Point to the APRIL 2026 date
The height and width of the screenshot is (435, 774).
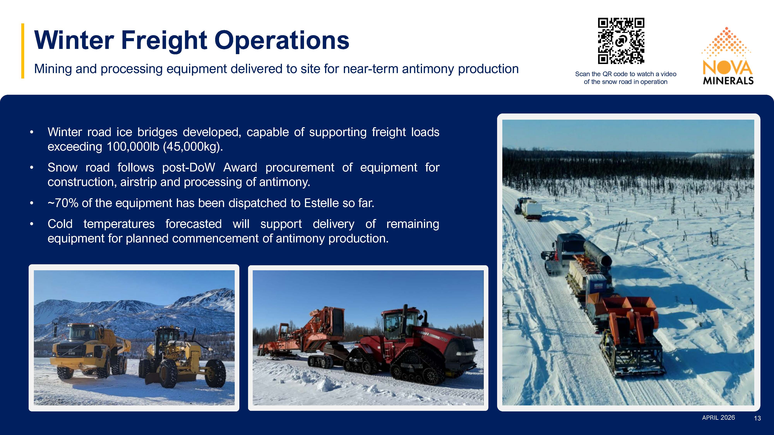(x=718, y=418)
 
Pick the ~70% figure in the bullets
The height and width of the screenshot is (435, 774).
(x=63, y=203)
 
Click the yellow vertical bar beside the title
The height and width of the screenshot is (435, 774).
(x=22, y=51)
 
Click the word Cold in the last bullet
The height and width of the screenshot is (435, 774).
(x=60, y=224)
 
